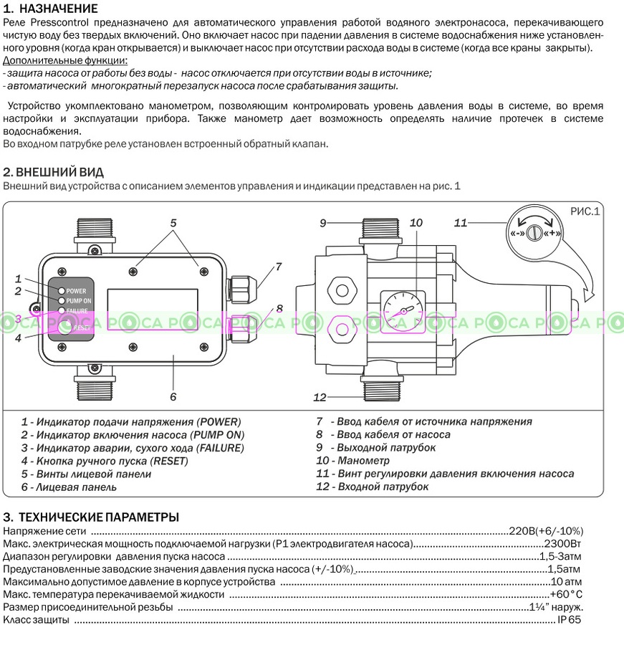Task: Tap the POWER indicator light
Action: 62,291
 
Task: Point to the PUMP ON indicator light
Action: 62,301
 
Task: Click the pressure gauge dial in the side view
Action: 402,311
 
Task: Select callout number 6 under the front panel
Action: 173,396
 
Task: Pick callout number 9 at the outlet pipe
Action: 323,224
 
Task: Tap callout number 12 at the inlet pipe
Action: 320,397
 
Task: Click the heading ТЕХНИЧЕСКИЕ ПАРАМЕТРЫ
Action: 98,517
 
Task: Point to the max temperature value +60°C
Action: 566,594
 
